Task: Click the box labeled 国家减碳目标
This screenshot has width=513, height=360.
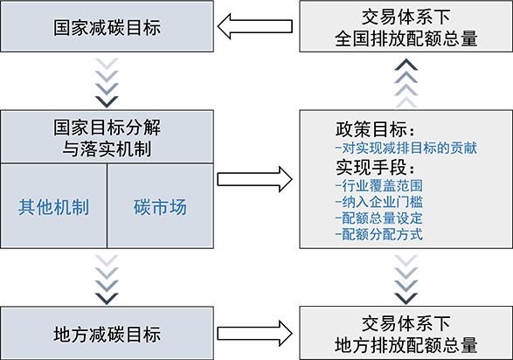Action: click(107, 26)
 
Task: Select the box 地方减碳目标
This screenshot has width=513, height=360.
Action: click(107, 333)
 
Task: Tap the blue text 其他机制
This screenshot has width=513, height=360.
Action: click(53, 207)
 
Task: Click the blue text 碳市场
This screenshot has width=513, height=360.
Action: click(160, 207)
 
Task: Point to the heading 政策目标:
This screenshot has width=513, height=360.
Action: click(375, 129)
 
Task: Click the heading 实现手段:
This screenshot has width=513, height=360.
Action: click(375, 167)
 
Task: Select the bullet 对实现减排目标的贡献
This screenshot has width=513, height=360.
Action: click(406, 149)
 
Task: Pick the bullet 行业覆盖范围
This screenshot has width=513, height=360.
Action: click(379, 186)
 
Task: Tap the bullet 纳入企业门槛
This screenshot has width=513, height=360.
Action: click(379, 202)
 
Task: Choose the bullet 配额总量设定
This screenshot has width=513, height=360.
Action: click(379, 218)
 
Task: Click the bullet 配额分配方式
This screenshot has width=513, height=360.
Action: click(379, 234)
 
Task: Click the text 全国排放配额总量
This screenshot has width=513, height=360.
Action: click(406, 38)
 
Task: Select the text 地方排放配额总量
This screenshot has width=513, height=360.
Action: click(406, 345)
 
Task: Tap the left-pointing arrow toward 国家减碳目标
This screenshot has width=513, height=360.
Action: click(255, 26)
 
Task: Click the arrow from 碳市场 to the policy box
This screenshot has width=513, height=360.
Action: click(255, 179)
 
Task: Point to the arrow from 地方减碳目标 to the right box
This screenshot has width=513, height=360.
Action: click(255, 333)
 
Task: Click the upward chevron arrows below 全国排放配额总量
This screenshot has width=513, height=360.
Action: click(406, 83)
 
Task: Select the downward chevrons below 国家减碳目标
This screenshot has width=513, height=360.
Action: click(107, 83)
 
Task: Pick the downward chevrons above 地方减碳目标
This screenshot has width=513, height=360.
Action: click(107, 280)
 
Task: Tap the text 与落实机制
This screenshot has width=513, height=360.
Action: click(107, 149)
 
